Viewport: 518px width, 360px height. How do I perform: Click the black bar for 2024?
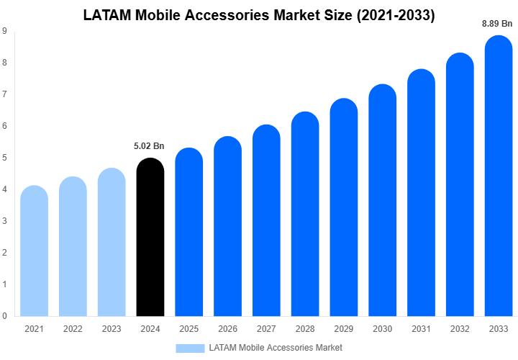pos(150,238)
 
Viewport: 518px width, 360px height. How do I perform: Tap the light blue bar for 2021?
pos(34,252)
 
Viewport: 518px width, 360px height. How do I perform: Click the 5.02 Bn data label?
pos(149,146)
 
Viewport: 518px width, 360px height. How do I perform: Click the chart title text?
pos(259,15)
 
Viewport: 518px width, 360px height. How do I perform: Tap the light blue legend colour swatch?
pos(190,348)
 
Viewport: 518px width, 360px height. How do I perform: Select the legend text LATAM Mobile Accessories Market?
pos(276,348)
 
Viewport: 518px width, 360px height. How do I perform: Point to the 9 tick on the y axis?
pos(5,31)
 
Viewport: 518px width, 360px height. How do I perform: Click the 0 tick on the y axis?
pos(5,315)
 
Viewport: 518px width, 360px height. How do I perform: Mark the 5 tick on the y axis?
pos(5,158)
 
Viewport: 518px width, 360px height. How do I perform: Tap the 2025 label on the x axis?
pos(188,329)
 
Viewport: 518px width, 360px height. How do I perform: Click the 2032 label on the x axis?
pos(460,329)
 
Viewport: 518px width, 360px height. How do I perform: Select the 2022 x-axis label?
pos(73,329)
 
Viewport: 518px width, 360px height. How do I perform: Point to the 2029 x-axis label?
pos(343,329)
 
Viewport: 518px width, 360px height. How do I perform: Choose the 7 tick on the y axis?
pos(5,94)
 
